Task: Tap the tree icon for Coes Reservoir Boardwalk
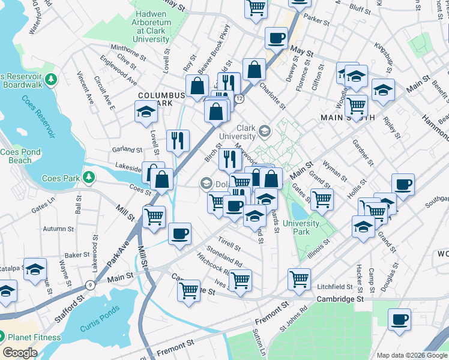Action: [x=51, y=79]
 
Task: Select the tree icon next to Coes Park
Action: [x=89, y=178]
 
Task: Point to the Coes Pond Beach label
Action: [x=20, y=156]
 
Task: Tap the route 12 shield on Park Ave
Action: [x=239, y=98]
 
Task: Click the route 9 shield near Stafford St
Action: [x=89, y=284]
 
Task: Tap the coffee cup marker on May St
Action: [x=276, y=38]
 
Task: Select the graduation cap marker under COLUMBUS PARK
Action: [x=145, y=112]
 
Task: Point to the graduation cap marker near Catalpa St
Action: [x=35, y=269]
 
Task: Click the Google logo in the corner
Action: [x=20, y=353]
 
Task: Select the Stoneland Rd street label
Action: [x=224, y=260]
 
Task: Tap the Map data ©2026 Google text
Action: [x=411, y=355]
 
